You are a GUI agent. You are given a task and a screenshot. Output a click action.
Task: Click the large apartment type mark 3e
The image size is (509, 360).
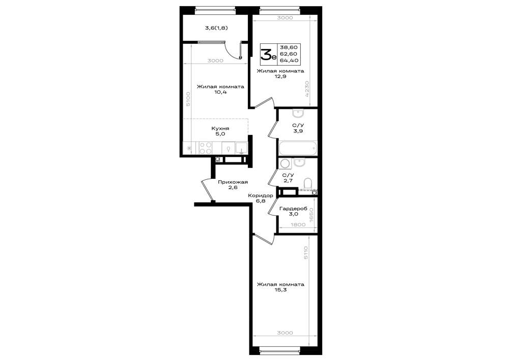(269, 54)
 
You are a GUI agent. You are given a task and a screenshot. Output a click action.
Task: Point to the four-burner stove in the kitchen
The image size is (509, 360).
(206, 148)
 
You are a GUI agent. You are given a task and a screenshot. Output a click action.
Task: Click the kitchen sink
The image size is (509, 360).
(241, 148)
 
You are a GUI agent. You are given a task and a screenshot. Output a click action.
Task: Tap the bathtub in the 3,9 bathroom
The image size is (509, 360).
(297, 149)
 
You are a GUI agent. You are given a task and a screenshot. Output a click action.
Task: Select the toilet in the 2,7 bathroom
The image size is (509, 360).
(307, 183)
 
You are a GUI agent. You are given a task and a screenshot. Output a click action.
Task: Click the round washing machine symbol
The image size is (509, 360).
(285, 163)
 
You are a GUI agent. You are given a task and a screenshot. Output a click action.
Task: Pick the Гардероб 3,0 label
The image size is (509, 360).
(293, 211)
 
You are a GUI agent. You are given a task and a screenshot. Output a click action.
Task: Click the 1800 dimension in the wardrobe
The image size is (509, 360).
(298, 225)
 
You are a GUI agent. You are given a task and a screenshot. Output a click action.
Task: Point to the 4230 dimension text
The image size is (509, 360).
(307, 90)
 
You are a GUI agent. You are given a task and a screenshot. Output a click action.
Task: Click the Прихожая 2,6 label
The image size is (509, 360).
(233, 185)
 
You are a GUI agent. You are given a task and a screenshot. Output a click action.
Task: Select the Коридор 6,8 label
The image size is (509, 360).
(260, 198)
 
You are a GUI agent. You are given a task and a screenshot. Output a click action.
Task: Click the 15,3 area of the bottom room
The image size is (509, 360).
(280, 290)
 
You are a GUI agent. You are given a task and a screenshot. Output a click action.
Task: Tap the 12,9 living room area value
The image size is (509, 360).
(280, 76)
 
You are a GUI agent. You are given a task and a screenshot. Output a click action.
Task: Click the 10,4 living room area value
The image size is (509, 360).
(220, 92)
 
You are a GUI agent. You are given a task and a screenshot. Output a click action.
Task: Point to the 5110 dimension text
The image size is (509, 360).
(306, 253)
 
